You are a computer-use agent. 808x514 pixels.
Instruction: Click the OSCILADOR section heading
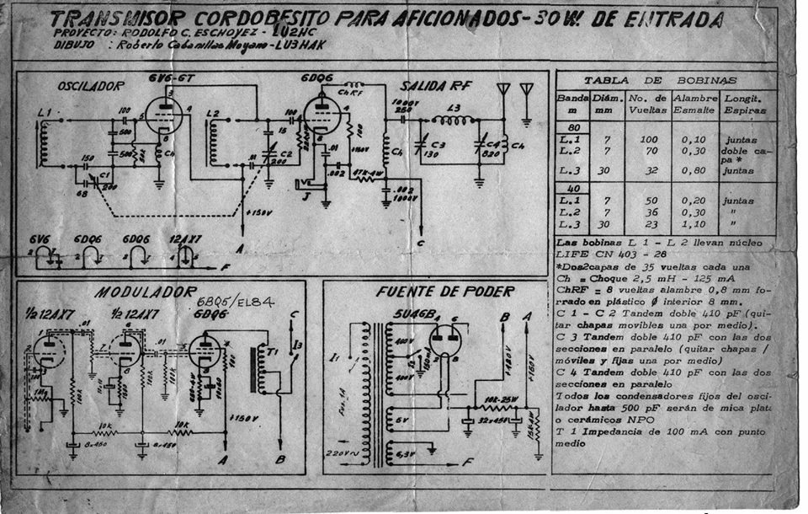coord(90,85)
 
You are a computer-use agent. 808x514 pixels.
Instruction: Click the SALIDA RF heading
coord(435,87)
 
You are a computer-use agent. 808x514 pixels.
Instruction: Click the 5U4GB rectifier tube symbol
coord(445,342)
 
